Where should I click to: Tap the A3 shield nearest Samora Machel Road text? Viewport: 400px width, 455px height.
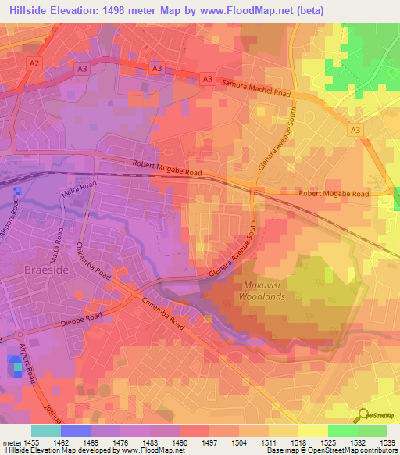click(207, 79)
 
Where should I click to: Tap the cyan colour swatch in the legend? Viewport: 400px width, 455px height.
click(45, 431)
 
